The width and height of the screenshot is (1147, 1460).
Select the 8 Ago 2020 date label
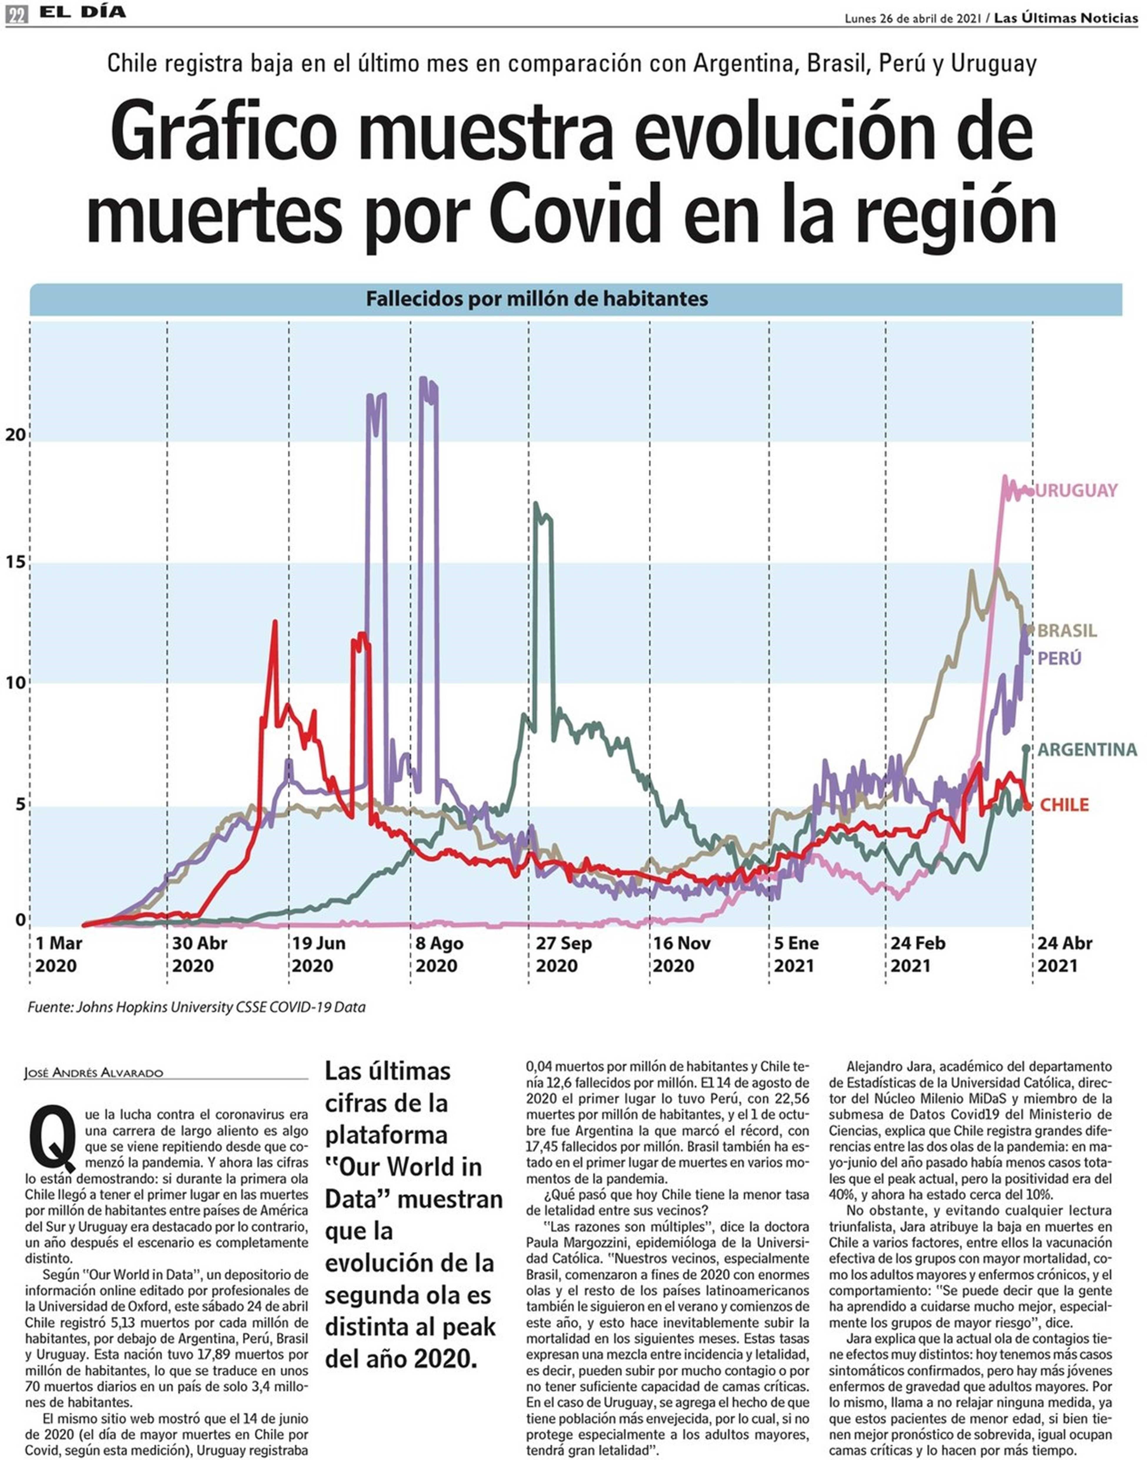click(x=440, y=954)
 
